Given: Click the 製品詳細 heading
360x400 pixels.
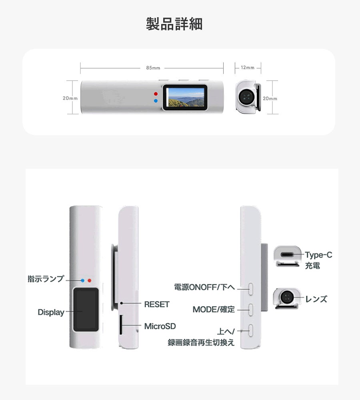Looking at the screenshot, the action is (x=174, y=24).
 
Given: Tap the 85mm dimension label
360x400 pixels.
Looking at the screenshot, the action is (x=153, y=68).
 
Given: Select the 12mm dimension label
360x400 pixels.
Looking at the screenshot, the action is (x=248, y=68).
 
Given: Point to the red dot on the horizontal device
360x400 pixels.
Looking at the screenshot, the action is (x=156, y=94).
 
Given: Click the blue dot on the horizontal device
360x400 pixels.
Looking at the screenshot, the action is (x=156, y=101).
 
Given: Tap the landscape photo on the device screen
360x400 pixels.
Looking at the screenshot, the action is (x=186, y=98).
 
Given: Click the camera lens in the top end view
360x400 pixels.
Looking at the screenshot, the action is (x=246, y=97).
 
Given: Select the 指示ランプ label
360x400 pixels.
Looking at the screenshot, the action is (x=46, y=279).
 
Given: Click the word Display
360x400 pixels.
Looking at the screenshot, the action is (x=51, y=312).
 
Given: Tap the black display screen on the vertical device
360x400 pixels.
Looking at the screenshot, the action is (x=86, y=310).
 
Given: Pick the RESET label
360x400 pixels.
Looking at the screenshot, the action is (x=157, y=304).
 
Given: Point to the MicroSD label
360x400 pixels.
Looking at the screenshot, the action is (x=160, y=326).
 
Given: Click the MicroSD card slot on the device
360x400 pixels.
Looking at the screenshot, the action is (x=121, y=325).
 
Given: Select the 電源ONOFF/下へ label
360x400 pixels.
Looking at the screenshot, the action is (x=204, y=287).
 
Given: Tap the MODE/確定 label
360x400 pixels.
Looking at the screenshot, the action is (x=214, y=310).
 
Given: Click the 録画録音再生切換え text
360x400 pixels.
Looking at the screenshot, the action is (x=201, y=342).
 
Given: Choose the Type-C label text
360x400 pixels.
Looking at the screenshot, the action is (x=319, y=255).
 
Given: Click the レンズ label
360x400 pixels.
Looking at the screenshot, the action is (x=316, y=299).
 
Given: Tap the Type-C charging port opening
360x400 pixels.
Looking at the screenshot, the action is (x=287, y=255).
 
